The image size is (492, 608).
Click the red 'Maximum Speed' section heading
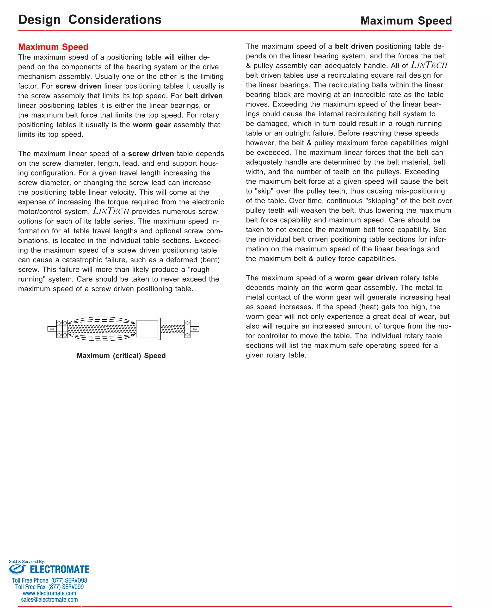tap(53, 47)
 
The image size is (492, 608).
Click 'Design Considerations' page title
tap(90, 20)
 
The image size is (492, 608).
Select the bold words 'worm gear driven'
tap(366, 278)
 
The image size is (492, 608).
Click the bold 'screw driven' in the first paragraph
tap(78, 86)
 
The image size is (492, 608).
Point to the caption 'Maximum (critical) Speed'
tap(121, 355)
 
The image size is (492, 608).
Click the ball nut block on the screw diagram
tap(147, 329)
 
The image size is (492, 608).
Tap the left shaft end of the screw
tap(52, 329)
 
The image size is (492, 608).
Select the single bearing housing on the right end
tap(187, 329)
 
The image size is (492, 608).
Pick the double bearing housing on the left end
tap(62, 329)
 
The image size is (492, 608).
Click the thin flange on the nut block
tap(159, 329)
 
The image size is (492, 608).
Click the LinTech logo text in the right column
tap(429, 65)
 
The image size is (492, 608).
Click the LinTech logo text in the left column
tap(111, 211)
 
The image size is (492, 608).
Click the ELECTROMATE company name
tap(60, 569)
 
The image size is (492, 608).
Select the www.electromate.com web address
tap(49, 593)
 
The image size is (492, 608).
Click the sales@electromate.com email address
tap(49, 600)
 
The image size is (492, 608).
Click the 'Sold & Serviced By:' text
tap(27, 561)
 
